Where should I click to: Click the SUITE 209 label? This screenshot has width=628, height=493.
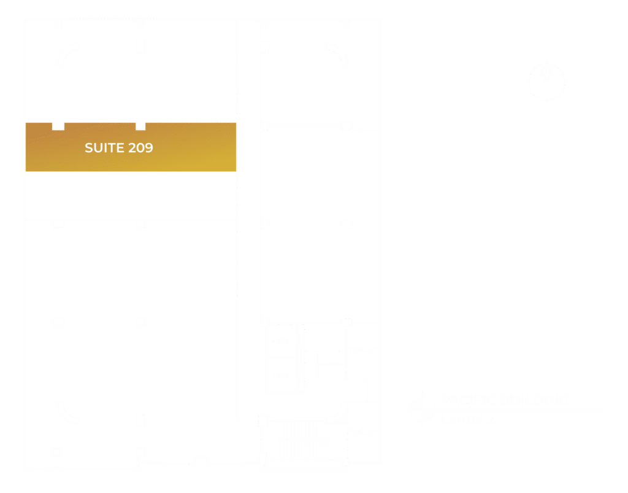(x=118, y=148)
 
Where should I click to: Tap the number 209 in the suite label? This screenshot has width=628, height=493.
(x=140, y=148)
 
